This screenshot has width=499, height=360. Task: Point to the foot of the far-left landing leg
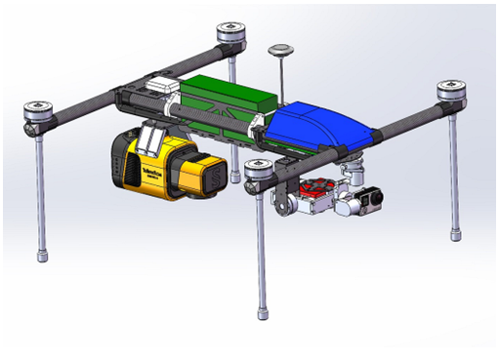[x=43, y=255]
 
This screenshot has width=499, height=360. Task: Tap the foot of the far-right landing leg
[x=452, y=233]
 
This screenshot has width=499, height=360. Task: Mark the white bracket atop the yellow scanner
[x=149, y=140]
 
